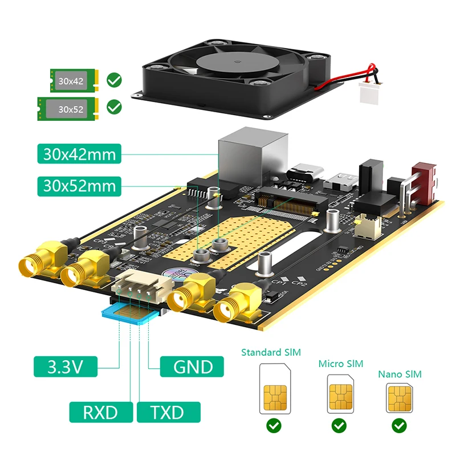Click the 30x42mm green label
pos(79,154)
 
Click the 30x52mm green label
pos(79,185)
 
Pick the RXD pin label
pos(101,412)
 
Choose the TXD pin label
pos(169,412)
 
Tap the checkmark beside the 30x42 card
pos(115,79)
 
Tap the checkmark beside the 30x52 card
pos(115,107)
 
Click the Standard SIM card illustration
pos(274,389)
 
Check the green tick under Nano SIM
pos(400,426)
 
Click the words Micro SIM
pos(340,364)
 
